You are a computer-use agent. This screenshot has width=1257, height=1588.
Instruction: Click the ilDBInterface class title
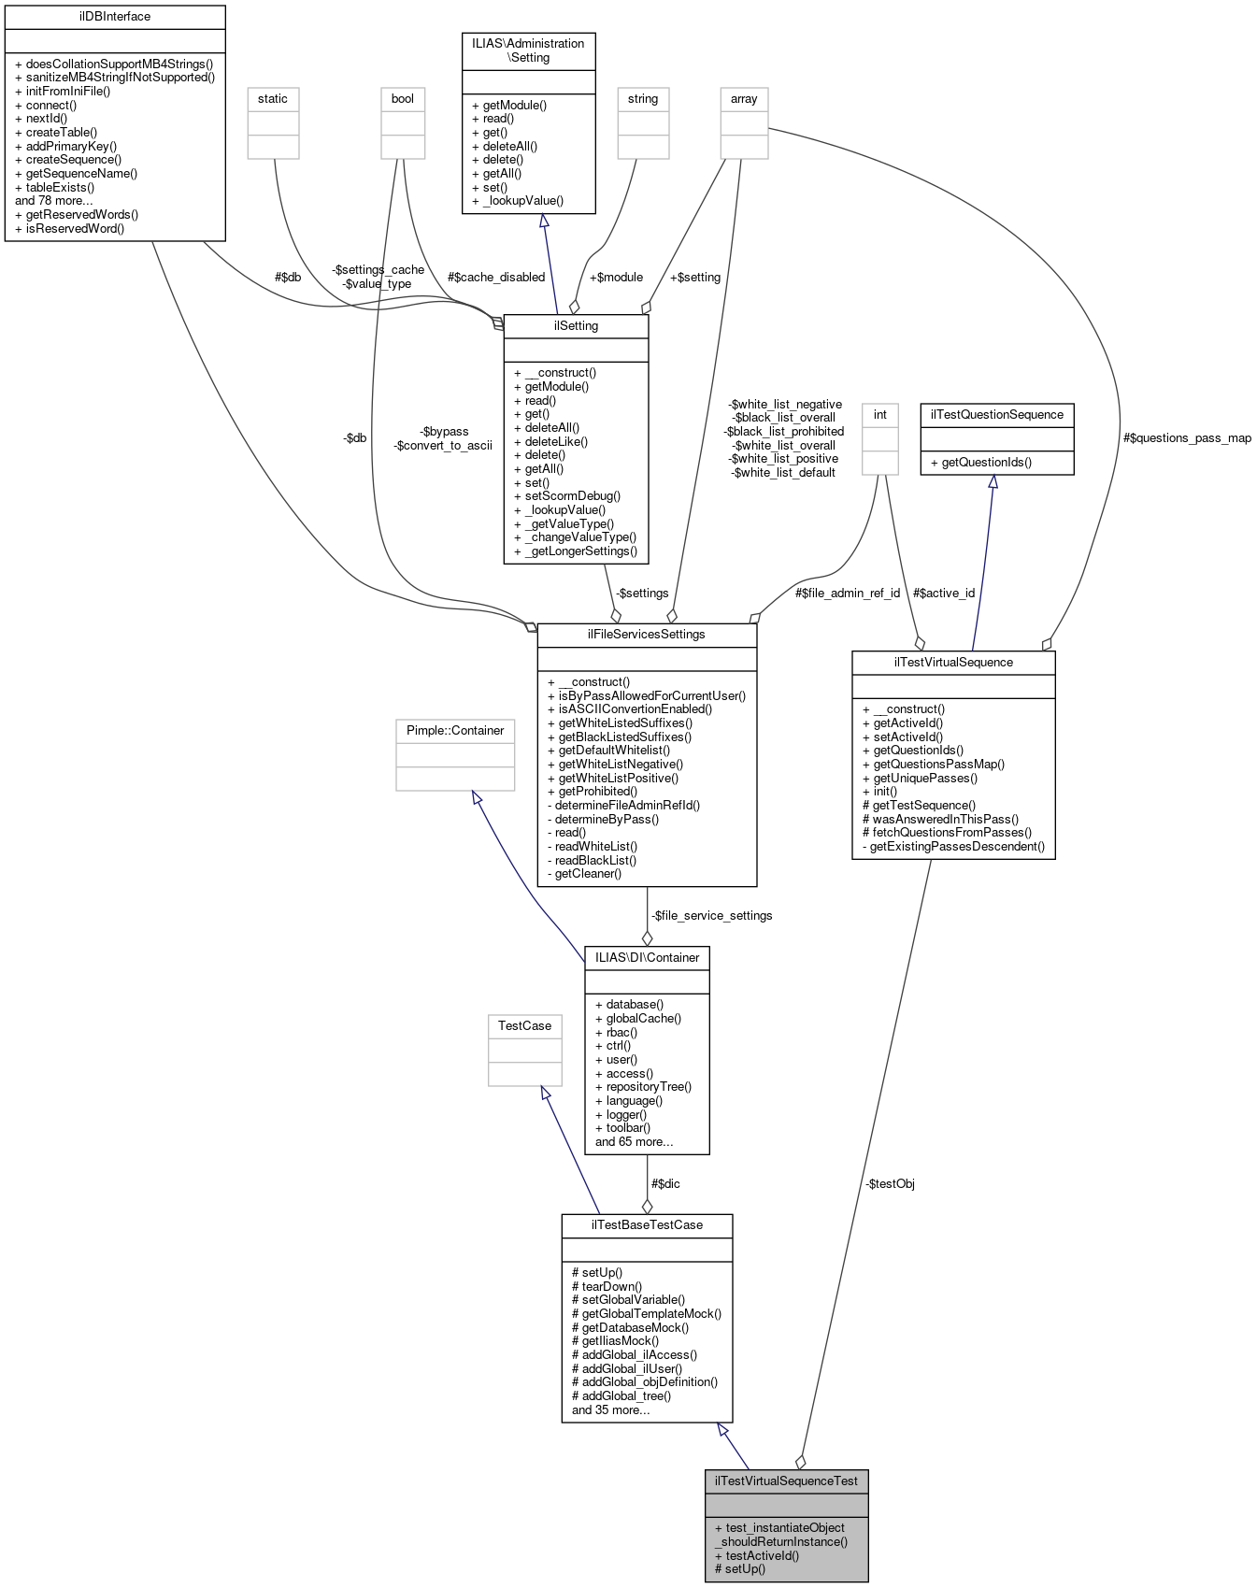tap(115, 17)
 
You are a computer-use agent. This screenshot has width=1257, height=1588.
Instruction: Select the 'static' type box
tap(273, 99)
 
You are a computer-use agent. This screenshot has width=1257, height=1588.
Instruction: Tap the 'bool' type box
tap(403, 99)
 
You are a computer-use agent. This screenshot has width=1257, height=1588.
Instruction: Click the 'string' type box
tap(643, 99)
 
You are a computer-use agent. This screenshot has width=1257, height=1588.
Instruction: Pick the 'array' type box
tap(744, 99)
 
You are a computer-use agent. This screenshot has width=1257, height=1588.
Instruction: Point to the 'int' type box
tap(879, 414)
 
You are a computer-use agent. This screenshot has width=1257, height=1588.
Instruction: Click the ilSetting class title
tap(576, 326)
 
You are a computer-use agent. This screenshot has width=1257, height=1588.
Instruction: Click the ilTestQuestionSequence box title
tap(996, 415)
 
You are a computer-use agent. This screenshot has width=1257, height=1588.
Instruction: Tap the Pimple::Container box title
tap(455, 731)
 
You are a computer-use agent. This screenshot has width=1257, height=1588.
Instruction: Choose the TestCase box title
tap(524, 1026)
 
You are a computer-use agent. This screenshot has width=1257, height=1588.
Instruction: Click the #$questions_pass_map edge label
tap(1187, 438)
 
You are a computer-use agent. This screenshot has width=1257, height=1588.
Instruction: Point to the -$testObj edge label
tap(890, 1184)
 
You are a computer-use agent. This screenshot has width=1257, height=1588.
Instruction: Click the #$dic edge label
tap(665, 1184)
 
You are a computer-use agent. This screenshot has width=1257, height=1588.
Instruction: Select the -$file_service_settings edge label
tap(712, 916)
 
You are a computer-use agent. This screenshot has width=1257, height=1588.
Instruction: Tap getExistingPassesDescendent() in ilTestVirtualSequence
tap(955, 847)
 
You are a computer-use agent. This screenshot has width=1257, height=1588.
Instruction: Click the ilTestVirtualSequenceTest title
tap(786, 1481)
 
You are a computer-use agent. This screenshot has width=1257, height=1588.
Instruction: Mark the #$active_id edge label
tap(943, 594)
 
